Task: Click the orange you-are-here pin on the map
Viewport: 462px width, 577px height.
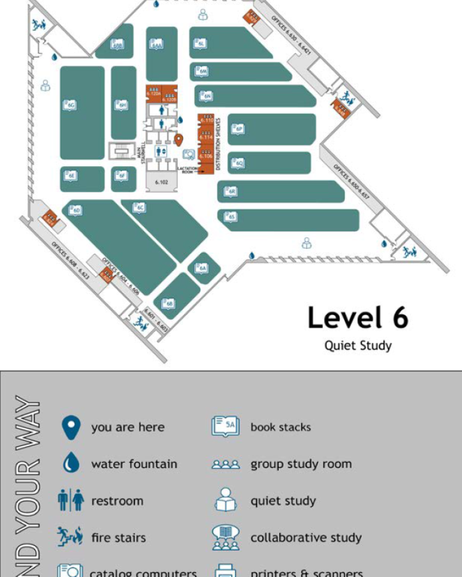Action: point(179,140)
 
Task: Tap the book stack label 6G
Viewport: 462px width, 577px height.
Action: point(71,106)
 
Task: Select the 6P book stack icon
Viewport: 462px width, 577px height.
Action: point(238,129)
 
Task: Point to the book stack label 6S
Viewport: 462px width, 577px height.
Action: point(230,217)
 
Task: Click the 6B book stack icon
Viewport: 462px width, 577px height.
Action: point(168,303)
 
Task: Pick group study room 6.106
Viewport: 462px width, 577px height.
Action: point(206,155)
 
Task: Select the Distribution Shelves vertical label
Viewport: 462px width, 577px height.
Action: point(218,144)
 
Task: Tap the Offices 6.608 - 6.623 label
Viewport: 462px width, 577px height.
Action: point(70,260)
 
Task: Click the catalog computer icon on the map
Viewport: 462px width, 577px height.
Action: point(188,155)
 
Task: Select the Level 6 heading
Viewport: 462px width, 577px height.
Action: point(357,318)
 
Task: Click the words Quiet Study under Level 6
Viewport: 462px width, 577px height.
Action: point(357,346)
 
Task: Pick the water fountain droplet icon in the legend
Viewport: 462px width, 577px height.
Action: point(70,463)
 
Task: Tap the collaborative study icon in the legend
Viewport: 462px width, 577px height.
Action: point(225,537)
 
